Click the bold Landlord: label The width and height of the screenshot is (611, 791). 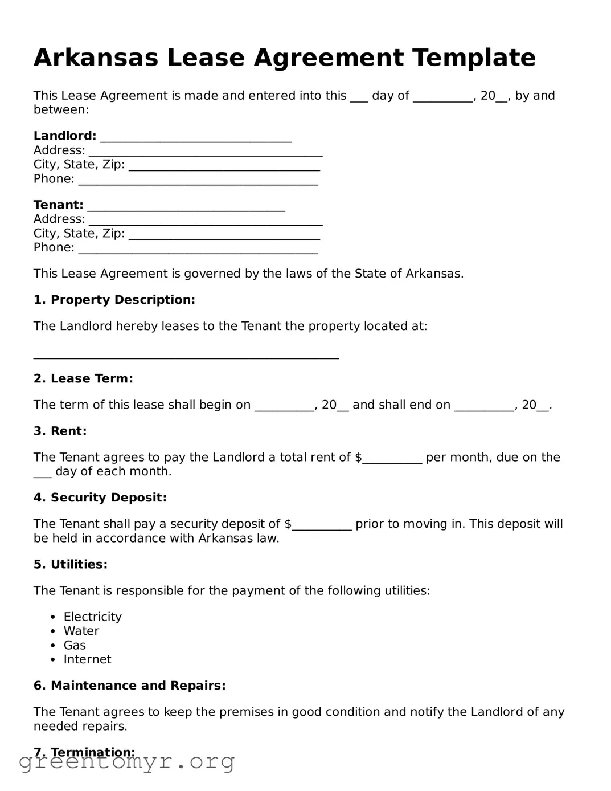pyautogui.click(x=65, y=136)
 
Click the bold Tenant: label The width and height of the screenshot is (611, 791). pyautogui.click(x=58, y=205)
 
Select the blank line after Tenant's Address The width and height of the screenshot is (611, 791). pyautogui.click(x=206, y=221)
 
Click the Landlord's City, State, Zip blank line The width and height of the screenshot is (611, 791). pyautogui.click(x=224, y=166)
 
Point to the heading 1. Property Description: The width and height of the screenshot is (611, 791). pyautogui.click(x=114, y=300)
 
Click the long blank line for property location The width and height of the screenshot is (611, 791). pyautogui.click(x=186, y=356)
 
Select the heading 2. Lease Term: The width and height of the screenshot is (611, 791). pyautogui.click(x=83, y=378)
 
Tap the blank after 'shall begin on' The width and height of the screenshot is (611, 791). pyautogui.click(x=284, y=406)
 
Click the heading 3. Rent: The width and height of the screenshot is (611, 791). pyautogui.click(x=60, y=431)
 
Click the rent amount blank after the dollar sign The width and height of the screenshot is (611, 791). pyautogui.click(x=392, y=459)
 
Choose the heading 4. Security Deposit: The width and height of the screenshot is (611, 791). pyautogui.click(x=100, y=498)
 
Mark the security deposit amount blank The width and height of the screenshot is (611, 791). pyautogui.click(x=322, y=525)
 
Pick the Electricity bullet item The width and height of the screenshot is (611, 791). pyautogui.click(x=92, y=617)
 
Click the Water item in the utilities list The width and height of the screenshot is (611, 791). pyautogui.click(x=81, y=631)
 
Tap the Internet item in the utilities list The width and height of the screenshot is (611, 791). pyautogui.click(x=87, y=659)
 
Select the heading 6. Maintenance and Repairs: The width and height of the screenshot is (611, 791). pyautogui.click(x=129, y=686)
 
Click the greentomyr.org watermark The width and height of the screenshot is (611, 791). pyautogui.click(x=126, y=761)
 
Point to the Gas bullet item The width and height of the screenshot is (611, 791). pyautogui.click(x=75, y=645)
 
